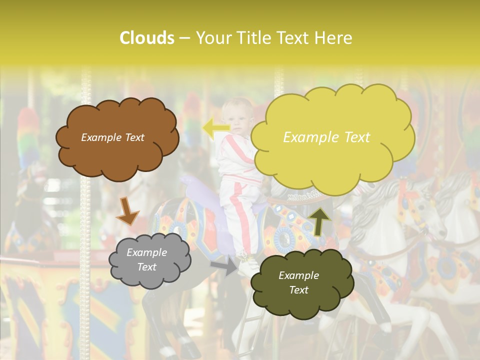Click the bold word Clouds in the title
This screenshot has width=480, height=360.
[x=147, y=38]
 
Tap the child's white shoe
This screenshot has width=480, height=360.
[x=247, y=265]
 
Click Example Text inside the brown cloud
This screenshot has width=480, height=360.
[x=112, y=137]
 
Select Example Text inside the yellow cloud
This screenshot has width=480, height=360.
[x=326, y=137]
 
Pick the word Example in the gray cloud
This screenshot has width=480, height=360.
[x=146, y=252]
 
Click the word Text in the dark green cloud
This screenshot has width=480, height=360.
[x=298, y=290]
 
